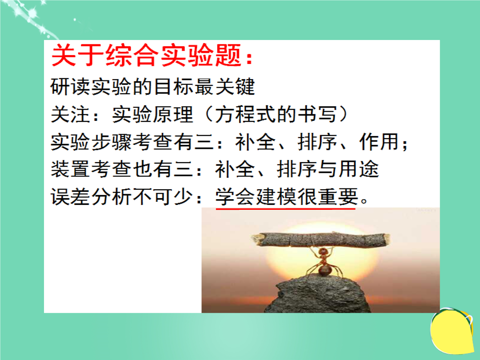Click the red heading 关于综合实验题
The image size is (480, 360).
[146, 56]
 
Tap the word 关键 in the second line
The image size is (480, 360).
[235, 87]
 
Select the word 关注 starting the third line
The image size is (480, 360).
[71, 115]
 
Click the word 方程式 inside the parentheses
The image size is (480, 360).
[245, 115]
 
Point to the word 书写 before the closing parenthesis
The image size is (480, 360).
[317, 115]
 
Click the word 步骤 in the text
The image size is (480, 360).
[112, 142]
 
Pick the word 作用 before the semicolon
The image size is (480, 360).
[379, 142]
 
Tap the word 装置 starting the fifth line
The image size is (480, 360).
[71, 169]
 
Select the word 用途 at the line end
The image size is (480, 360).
[359, 169]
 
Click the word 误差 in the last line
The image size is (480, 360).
[71, 196]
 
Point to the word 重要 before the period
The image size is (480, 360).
[338, 196]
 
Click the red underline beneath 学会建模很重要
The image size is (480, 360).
[286, 208]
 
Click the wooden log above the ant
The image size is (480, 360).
[320, 240]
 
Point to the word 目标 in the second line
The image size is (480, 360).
[174, 87]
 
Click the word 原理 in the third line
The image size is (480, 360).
[173, 115]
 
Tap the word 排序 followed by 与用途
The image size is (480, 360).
[297, 169]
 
